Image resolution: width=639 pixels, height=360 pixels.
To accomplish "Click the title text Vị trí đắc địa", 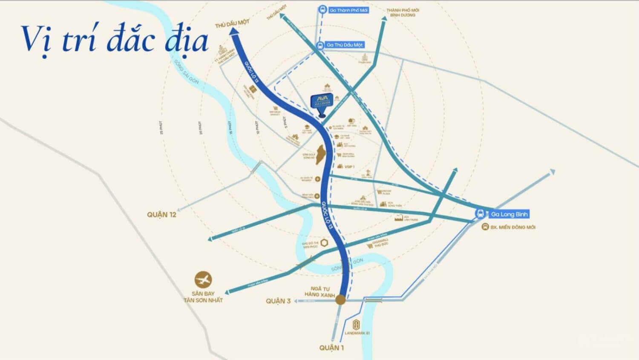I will pyautogui.click(x=115, y=39).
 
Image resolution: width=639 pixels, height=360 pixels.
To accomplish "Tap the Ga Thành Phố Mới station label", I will pyautogui.click(x=348, y=10).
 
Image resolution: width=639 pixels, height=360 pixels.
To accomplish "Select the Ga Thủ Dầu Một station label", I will pyautogui.click(x=344, y=45).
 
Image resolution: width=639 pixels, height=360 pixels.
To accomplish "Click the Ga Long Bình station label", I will pyautogui.click(x=509, y=214).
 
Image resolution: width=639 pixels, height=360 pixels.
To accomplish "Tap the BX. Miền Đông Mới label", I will pyautogui.click(x=512, y=228).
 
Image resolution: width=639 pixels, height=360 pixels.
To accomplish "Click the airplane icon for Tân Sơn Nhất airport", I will pyautogui.click(x=203, y=280).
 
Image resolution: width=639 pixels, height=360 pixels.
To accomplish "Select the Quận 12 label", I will pyautogui.click(x=161, y=215).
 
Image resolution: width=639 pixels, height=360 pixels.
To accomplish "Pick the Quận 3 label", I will pyautogui.click(x=278, y=301).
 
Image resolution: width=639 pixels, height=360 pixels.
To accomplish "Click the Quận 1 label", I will pyautogui.click(x=331, y=348).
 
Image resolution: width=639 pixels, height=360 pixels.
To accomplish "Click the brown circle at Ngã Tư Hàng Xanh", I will pyautogui.click(x=340, y=300).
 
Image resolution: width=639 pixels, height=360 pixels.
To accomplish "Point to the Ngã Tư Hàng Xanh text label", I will pyautogui.click(x=319, y=292).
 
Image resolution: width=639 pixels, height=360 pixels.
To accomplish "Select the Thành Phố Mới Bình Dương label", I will pyautogui.click(x=402, y=12).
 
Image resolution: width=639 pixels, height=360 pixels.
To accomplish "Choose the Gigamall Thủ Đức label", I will pyautogui.click(x=380, y=242).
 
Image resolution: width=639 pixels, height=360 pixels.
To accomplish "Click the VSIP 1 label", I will pyautogui.click(x=349, y=167).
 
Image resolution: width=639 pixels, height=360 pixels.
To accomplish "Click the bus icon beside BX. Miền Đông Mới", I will pyautogui.click(x=485, y=227).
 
